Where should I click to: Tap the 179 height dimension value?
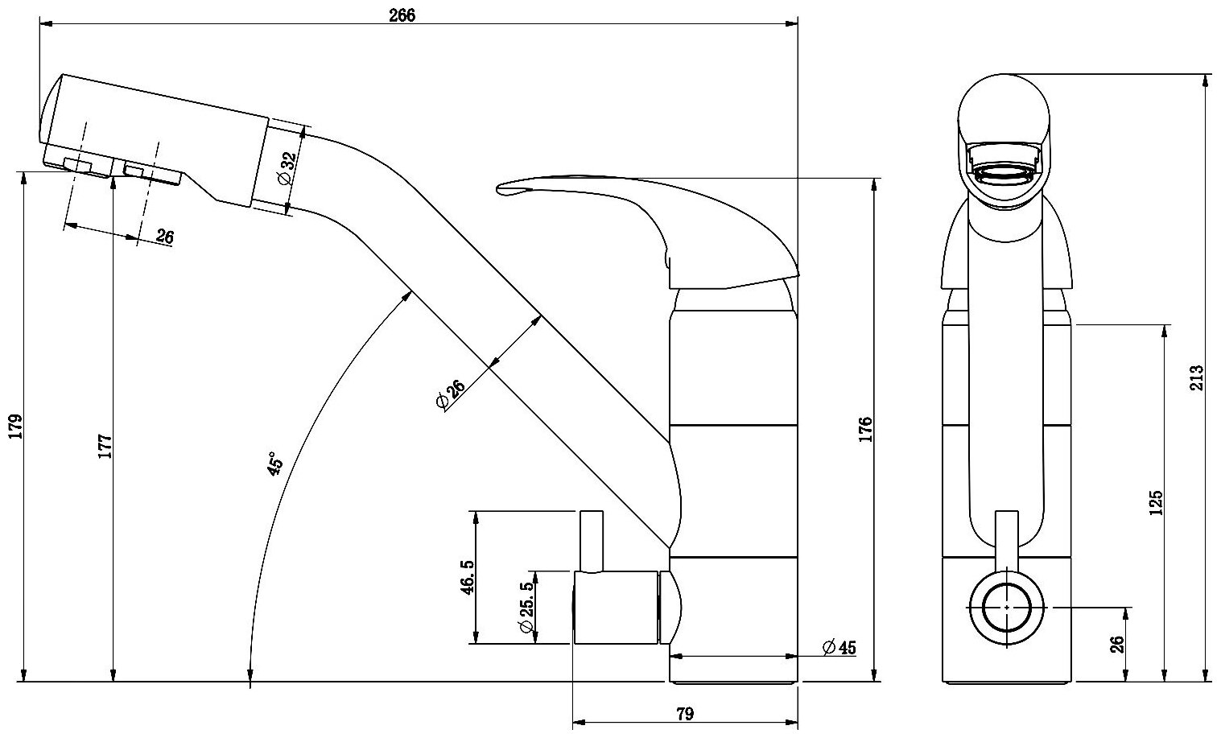click(x=15, y=427)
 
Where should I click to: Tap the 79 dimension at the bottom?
click(x=685, y=713)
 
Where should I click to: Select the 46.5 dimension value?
click(x=468, y=577)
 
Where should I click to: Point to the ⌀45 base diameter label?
click(x=839, y=647)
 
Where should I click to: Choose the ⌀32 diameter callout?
click(x=287, y=169)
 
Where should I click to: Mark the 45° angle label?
click(x=275, y=465)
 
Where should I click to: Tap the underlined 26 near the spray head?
click(x=165, y=236)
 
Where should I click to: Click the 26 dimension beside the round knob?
click(x=1116, y=644)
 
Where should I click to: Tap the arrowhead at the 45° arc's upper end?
click(x=411, y=295)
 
